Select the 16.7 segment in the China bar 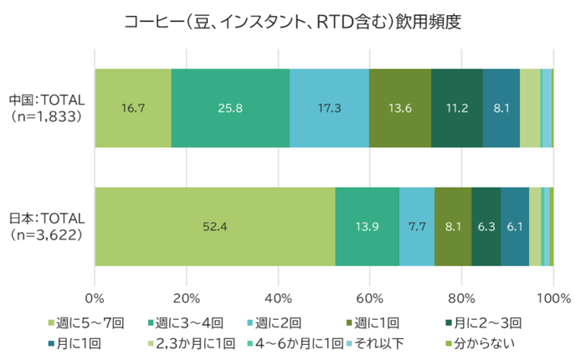[133, 108]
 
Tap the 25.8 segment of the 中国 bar [230, 108]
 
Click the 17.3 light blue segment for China [329, 108]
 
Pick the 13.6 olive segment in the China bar [400, 108]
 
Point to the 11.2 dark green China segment [457, 108]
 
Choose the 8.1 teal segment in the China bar [501, 108]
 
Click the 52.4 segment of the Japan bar [215, 226]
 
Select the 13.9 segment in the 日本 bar [368, 226]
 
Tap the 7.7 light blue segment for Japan [417, 226]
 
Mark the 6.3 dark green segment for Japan [486, 226]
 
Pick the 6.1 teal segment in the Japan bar [515, 226]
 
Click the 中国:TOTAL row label [46, 108]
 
